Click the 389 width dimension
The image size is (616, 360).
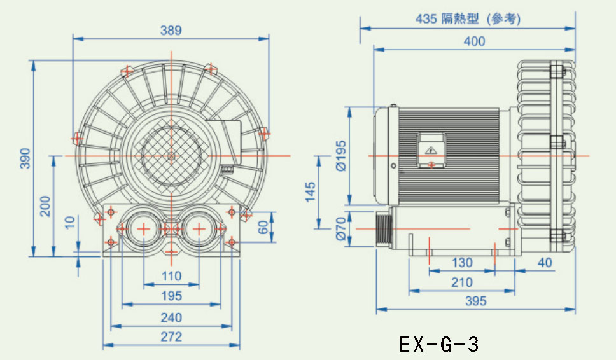tap(171, 30)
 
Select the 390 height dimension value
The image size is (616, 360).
tap(25, 158)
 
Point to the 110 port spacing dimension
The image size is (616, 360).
tap(171, 276)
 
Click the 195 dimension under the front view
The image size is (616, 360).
tap(171, 296)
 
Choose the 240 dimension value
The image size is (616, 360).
tap(171, 317)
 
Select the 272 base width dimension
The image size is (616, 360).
tap(171, 336)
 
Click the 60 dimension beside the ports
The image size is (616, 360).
tap(262, 227)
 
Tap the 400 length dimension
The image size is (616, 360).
tap(474, 41)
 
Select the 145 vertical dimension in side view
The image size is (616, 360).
tap(311, 191)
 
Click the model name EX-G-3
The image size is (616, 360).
tap(439, 344)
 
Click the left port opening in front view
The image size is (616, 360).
tap(143, 228)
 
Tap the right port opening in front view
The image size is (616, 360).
tap(199, 228)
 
